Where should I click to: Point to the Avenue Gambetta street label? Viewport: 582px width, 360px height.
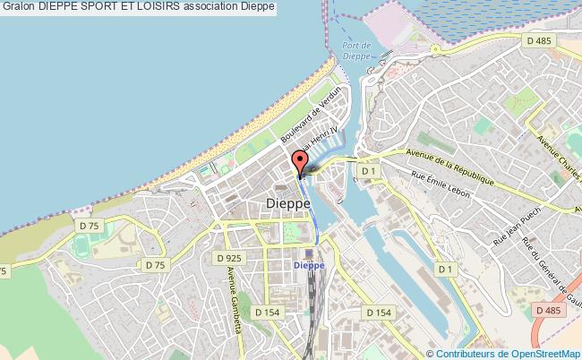(x=230, y=286)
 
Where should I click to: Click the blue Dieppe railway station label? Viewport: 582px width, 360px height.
(x=307, y=266)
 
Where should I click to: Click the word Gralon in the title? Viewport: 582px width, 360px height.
(x=17, y=8)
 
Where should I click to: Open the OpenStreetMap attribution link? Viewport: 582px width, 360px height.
(x=541, y=353)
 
